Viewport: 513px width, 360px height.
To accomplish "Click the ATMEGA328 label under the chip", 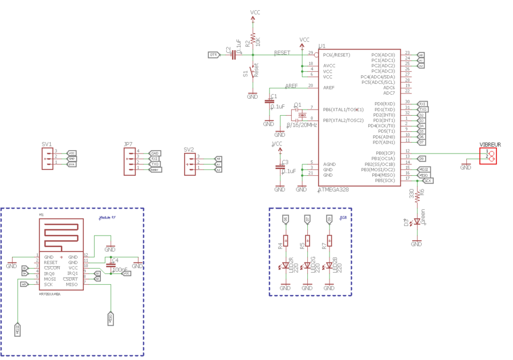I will pos(333,189).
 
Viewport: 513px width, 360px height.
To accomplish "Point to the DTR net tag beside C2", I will pos(214,55).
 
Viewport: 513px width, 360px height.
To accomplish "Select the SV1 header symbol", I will pos(47,158).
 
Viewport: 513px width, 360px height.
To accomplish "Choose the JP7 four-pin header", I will pos(129,161).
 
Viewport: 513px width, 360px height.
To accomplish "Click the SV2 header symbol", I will pos(190,163).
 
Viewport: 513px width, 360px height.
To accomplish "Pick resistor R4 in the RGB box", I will pos(285,241).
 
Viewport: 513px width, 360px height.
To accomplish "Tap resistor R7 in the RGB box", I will pos(329,241).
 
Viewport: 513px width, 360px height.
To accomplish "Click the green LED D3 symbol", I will pos(417,221).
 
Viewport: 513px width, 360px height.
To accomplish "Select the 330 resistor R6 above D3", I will pos(417,196).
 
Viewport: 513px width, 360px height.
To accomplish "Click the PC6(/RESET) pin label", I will pos(337,55).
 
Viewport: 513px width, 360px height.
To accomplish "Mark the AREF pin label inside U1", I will pos(329,88).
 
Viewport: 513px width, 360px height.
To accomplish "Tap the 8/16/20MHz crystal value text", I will pos(302,125).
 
